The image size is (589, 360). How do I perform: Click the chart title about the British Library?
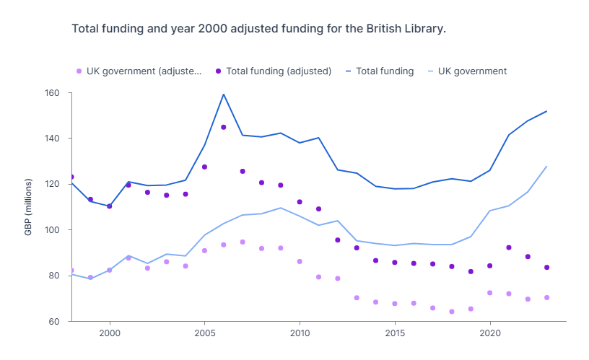258,29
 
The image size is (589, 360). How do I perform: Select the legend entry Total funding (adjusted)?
278,71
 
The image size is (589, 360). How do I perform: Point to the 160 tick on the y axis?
52,93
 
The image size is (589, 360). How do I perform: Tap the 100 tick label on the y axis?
52,230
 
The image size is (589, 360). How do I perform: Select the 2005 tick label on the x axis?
205,334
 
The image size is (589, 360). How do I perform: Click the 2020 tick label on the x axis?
490,334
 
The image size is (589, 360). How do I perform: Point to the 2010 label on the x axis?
300,334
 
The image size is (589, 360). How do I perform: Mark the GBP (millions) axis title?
29,207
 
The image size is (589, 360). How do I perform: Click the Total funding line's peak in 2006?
224,95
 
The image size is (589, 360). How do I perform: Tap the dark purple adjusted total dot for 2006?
224,127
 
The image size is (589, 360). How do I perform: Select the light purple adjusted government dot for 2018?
452,312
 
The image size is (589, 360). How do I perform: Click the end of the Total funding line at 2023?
546,111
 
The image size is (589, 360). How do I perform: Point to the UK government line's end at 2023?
546,167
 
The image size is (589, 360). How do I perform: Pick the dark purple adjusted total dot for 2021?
509,247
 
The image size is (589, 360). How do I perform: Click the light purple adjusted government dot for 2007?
243,242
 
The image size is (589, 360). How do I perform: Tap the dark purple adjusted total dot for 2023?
546,268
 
